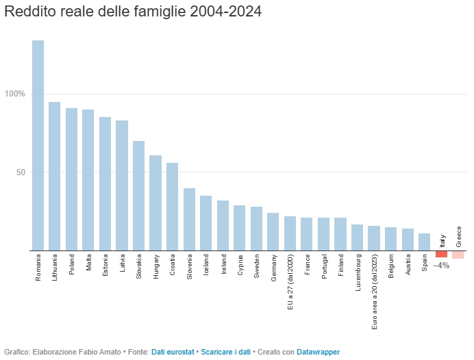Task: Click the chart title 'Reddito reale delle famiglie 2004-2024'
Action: (x=133, y=13)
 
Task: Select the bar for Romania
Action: (x=38, y=145)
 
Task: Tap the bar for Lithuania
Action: (x=55, y=176)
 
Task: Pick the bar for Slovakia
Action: (x=138, y=196)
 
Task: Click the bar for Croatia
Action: (x=172, y=207)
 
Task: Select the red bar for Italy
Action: (x=441, y=254)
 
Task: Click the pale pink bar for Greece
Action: (x=458, y=255)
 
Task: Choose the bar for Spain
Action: (x=424, y=242)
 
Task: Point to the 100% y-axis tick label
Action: (x=15, y=94)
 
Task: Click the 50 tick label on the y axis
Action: (x=21, y=172)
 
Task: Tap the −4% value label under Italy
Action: (x=441, y=265)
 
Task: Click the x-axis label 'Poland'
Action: (x=72, y=266)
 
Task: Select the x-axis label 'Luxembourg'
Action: (x=358, y=273)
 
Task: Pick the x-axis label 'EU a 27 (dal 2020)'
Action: (x=290, y=281)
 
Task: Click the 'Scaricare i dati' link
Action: (x=225, y=352)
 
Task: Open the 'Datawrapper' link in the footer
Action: (x=318, y=352)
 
